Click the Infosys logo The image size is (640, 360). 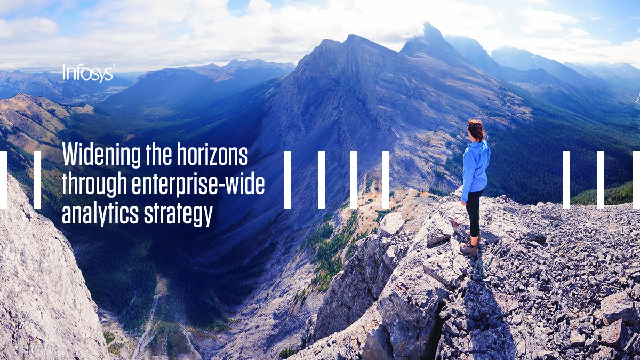[x=87, y=73]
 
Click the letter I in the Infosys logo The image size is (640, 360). [x=64, y=73]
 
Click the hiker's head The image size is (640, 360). [x=476, y=130]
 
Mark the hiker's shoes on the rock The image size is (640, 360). [x=469, y=249]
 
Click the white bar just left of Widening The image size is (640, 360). [x=37, y=180]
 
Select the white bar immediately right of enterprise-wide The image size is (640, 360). [x=287, y=180]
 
